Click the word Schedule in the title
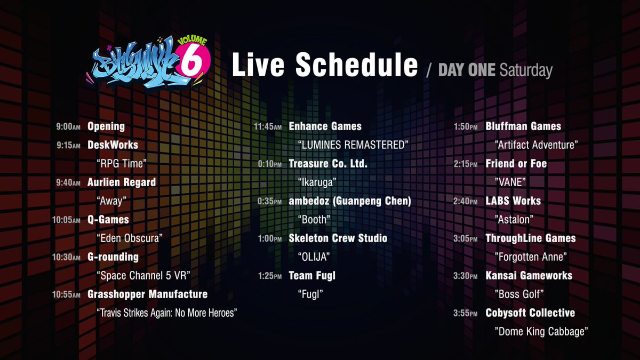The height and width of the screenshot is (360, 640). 356,65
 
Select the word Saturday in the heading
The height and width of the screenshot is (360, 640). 526,70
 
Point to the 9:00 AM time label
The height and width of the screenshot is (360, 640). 68,127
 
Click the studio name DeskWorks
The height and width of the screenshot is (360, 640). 113,145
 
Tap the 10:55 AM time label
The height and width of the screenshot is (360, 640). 66,294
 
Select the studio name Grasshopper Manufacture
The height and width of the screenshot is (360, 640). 147,294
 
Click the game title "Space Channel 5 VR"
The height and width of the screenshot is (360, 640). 143,275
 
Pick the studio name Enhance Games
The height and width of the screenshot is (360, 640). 325,126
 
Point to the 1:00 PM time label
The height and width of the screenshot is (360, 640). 269,238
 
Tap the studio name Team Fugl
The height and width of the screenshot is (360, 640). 312,276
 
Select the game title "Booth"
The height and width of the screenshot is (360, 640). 314,219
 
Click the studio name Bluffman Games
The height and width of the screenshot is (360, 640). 523,126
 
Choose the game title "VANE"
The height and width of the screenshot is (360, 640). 510,182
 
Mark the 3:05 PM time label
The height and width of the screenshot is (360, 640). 465,239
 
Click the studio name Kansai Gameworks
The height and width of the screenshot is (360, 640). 529,276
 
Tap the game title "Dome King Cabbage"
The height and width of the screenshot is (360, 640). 541,332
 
